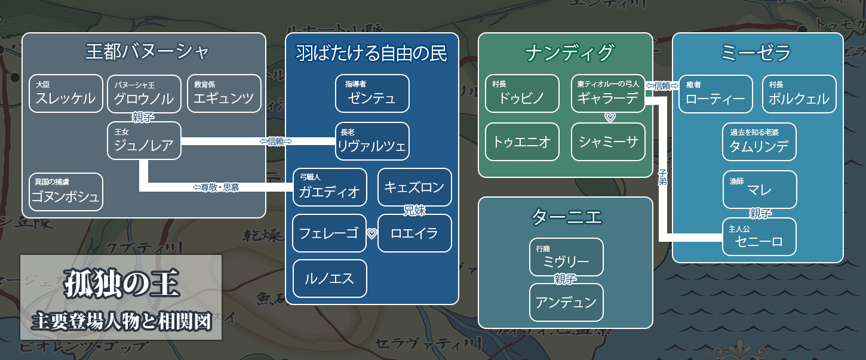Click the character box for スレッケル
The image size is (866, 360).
coord(66,94)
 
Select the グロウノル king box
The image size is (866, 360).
coord(144,94)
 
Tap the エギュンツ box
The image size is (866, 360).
coord(224,94)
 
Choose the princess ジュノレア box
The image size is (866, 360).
coord(144,141)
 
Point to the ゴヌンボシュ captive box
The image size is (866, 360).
coord(66,192)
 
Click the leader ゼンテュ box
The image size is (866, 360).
coord(372,94)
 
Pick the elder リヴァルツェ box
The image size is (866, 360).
coord(372,141)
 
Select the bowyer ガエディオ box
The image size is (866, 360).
coord(330,187)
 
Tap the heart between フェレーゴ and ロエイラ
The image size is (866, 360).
coord(371,233)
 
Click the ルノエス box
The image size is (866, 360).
coord(330,278)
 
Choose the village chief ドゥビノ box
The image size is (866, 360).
coord(522,94)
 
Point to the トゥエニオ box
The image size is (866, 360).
coord(522,141)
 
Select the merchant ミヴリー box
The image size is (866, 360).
coord(566,257)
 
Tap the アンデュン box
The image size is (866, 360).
coord(566,302)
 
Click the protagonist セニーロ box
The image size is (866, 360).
coord(759,237)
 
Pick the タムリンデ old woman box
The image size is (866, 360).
coord(759,142)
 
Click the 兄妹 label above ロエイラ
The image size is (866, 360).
coord(415,210)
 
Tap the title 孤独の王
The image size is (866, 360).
coord(121,285)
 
